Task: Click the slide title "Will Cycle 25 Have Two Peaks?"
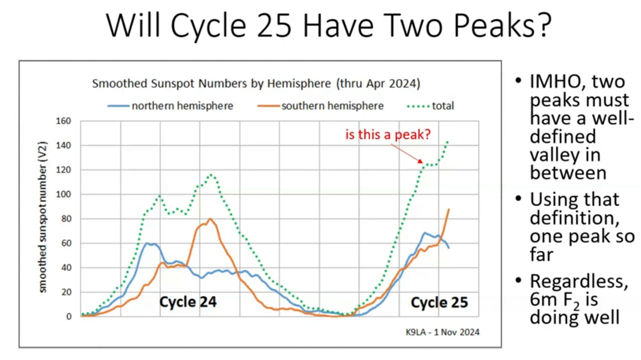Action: [328, 26]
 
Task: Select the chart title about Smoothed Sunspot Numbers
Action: [256, 83]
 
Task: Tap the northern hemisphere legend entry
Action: [170, 106]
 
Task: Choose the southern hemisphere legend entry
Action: [320, 106]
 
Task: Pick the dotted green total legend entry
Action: [430, 106]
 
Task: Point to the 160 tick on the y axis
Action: [63, 121]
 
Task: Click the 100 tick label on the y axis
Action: [63, 194]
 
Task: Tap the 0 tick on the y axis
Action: [69, 316]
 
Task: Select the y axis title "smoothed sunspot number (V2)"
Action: [42, 217]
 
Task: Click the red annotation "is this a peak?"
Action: [388, 134]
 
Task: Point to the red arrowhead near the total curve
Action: [420, 161]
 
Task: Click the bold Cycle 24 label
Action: [188, 302]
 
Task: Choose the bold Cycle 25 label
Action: [439, 302]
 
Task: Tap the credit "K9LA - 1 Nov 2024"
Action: [442, 332]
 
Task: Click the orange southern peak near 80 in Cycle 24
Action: [210, 219]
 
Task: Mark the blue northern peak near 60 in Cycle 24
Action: [147, 243]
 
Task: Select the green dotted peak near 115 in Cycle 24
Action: [211, 174]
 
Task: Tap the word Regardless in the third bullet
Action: [579, 282]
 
